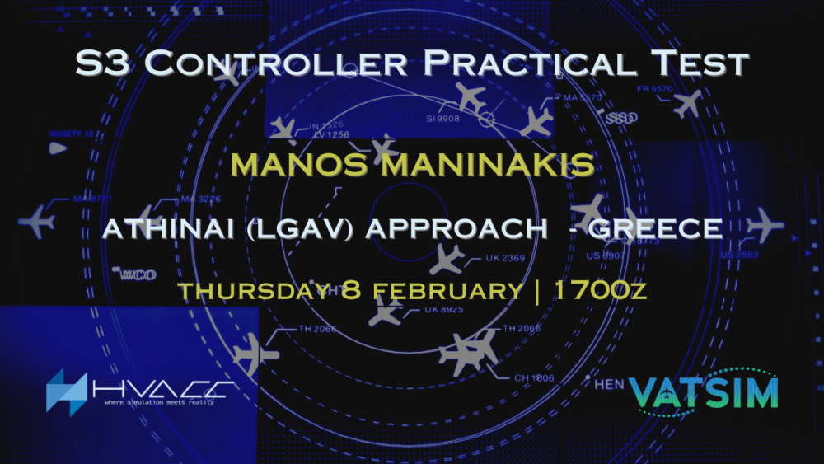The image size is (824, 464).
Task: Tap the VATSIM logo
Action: (703, 391)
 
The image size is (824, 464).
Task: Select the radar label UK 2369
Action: (505, 259)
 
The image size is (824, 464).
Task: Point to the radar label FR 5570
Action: (655, 88)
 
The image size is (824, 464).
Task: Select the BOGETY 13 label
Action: (71, 133)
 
